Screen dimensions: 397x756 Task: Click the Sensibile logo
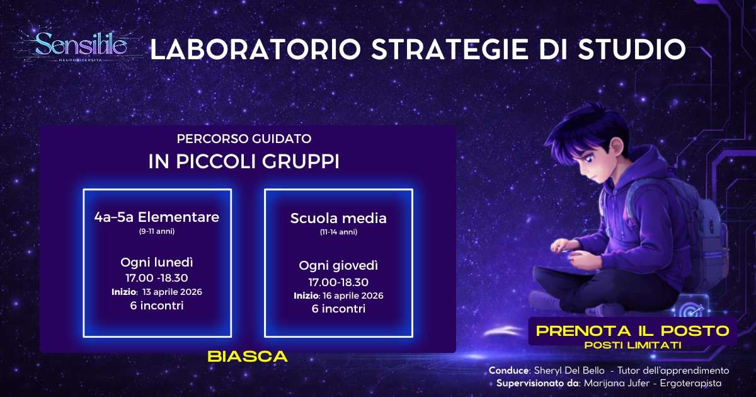81,44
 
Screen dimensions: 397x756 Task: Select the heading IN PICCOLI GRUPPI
244,161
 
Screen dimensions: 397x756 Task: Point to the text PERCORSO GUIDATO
244,138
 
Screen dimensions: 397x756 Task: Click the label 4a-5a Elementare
156,217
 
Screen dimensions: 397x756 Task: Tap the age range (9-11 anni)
156,232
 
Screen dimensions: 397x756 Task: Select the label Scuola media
338,219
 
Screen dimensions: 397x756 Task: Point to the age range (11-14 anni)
338,233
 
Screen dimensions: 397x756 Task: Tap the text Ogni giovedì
338,265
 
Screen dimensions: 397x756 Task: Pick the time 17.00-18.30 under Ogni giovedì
338,282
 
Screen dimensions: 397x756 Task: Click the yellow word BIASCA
248,356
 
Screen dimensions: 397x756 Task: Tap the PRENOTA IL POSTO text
631,330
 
